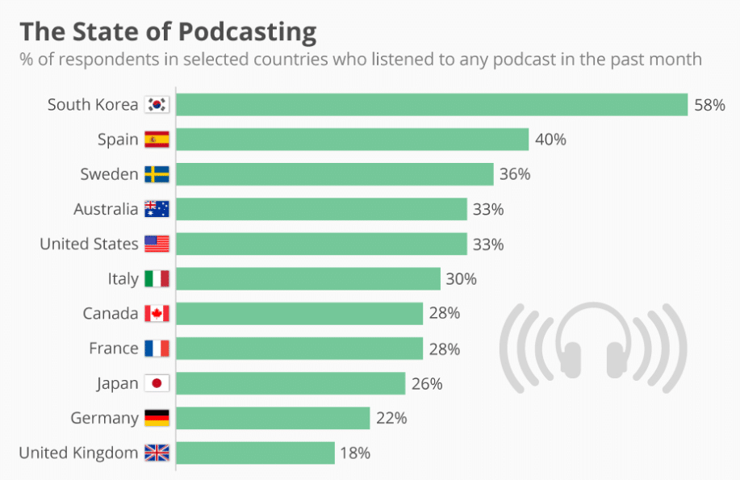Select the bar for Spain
[352, 140]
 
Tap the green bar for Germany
[273, 418]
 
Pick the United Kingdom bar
[255, 453]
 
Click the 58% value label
[709, 105]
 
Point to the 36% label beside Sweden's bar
[514, 174]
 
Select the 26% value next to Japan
[426, 383]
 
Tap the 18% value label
[355, 453]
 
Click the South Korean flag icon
[157, 105]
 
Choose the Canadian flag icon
[157, 314]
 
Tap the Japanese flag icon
[157, 383]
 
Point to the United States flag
[157, 244]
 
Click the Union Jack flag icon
[157, 453]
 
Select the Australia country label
[106, 209]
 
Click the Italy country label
[123, 278]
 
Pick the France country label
[113, 349]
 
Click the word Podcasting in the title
[247, 32]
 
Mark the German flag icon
[157, 418]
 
